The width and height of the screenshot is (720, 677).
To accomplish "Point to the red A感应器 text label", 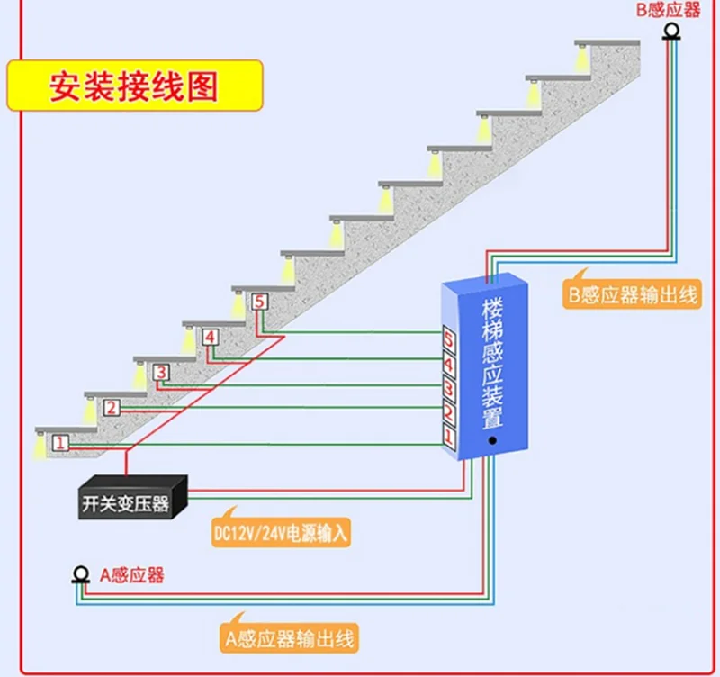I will [x=131, y=575].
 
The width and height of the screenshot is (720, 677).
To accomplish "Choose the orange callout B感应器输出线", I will [x=631, y=295].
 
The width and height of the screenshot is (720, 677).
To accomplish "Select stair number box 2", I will [x=111, y=408].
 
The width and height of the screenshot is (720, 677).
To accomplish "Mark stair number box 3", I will [x=160, y=372].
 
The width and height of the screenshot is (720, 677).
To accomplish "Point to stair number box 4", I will [x=210, y=338].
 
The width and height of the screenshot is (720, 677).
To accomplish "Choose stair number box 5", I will [x=259, y=302].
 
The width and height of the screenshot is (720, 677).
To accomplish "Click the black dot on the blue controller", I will [x=492, y=442].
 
